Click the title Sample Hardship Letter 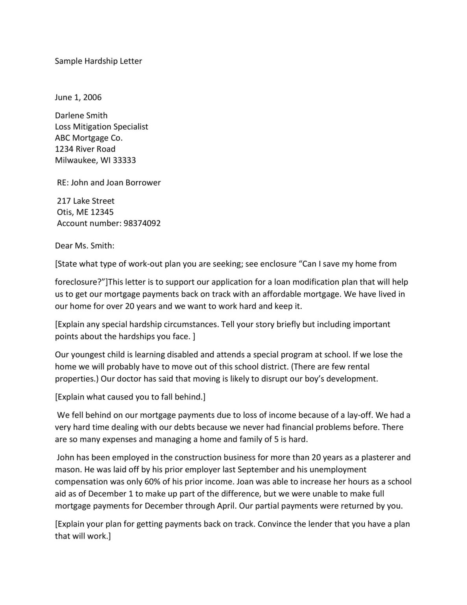coord(98,61)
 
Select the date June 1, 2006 coord(78,97)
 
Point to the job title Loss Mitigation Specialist coord(102,127)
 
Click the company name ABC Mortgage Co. coord(89,138)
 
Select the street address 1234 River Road coord(85,149)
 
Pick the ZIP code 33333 coord(124,160)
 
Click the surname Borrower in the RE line coord(143,183)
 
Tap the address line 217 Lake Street coord(86,201)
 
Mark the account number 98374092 coord(142,223)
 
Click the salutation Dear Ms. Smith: coord(85,246)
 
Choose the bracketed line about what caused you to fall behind coord(130,397)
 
